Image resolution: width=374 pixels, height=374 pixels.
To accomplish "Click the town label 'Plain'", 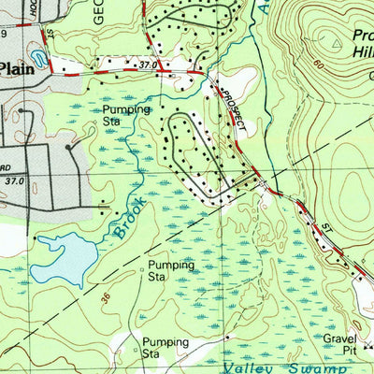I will (16, 67).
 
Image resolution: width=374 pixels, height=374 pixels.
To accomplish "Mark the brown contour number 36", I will (103, 298).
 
